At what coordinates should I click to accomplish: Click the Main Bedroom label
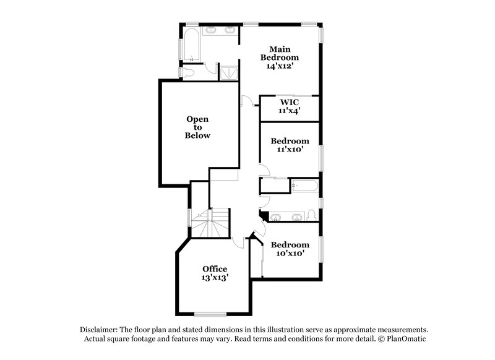point(280,57)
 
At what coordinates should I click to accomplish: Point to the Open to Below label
point(198,127)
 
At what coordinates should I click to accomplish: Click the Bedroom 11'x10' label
point(290,145)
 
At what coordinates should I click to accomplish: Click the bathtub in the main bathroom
point(191,43)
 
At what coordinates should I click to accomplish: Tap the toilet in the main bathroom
point(191,73)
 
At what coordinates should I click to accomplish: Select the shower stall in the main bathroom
point(230,71)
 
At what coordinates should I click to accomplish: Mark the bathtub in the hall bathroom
point(304,186)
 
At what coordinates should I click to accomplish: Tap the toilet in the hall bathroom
point(311,215)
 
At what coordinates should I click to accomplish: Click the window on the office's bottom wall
point(211,314)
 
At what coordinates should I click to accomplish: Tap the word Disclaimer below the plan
point(100,330)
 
